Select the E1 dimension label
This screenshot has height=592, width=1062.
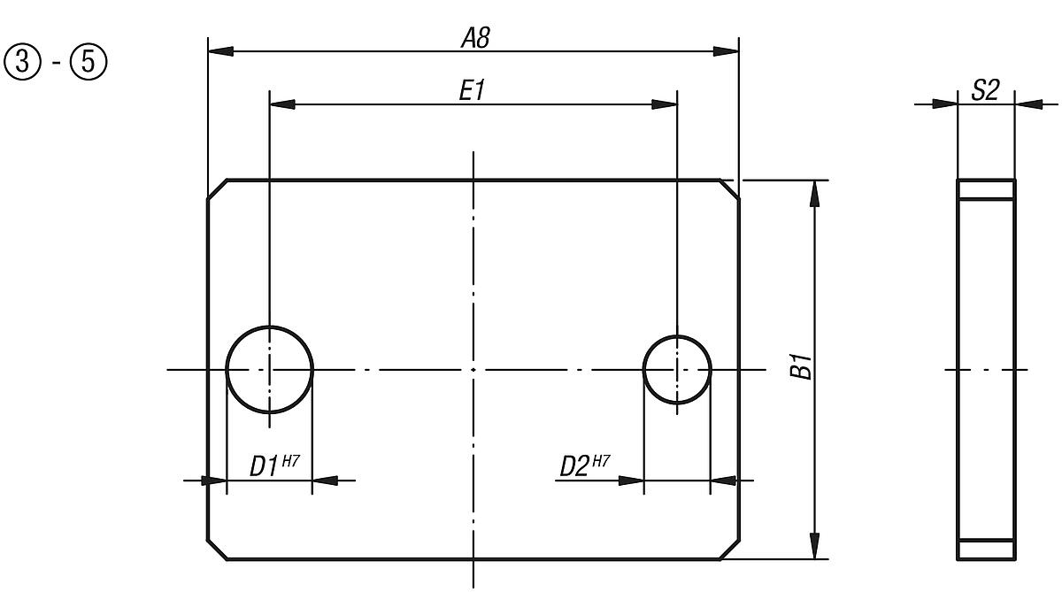pyautogui.click(x=473, y=91)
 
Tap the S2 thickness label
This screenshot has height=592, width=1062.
pyautogui.click(x=985, y=90)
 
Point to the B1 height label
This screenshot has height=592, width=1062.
pyautogui.click(x=801, y=366)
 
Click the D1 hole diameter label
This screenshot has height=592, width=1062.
pyautogui.click(x=264, y=465)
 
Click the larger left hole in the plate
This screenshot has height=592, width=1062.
pyautogui.click(x=270, y=369)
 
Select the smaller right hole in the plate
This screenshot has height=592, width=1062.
pyautogui.click(x=677, y=369)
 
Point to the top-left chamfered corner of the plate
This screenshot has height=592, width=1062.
pyautogui.click(x=218, y=189)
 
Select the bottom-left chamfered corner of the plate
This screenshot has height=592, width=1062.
pyautogui.click(x=218, y=549)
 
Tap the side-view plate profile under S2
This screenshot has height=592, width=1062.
pyautogui.click(x=986, y=369)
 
